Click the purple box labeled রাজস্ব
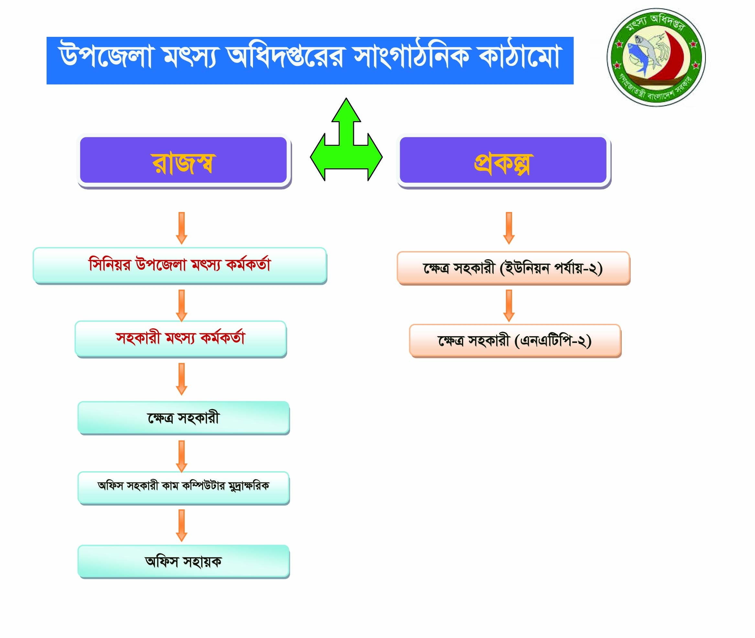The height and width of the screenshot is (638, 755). (184, 161)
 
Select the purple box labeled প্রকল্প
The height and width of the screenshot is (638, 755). (503, 161)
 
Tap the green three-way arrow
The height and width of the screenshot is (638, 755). (346, 139)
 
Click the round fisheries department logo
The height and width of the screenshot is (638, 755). (656, 58)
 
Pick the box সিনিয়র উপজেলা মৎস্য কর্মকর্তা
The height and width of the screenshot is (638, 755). (180, 266)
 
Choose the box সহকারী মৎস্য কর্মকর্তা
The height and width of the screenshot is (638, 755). (181, 339)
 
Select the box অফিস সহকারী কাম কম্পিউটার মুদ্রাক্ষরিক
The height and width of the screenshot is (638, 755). (183, 488)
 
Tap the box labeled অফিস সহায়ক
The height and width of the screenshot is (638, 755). (183, 562)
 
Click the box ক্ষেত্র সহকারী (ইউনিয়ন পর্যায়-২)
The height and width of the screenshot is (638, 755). (514, 268)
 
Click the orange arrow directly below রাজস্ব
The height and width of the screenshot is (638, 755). (181, 228)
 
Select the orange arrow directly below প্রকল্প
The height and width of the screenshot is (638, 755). (509, 228)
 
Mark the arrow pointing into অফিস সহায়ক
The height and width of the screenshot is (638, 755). (181, 526)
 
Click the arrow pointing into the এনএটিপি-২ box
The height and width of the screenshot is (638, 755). (509, 306)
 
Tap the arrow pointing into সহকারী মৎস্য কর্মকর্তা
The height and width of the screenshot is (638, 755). (181, 306)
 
